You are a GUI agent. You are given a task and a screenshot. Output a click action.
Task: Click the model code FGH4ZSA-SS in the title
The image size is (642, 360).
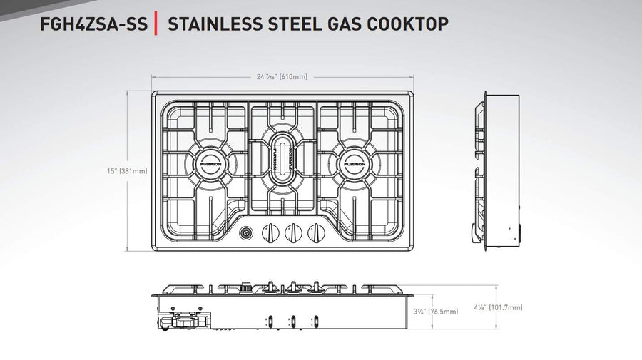pyautogui.click(x=93, y=24)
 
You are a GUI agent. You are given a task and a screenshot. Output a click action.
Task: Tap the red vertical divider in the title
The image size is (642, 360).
pyautogui.click(x=156, y=24)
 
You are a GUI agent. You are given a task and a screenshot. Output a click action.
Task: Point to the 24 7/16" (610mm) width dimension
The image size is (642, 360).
pyautogui.click(x=282, y=76)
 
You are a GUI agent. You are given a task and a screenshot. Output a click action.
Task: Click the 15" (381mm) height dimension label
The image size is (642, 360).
pyautogui.click(x=127, y=171)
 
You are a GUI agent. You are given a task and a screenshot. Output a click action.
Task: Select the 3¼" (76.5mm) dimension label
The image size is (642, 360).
pyautogui.click(x=436, y=312)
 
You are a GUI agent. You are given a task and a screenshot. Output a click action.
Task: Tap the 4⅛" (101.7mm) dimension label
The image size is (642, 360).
pyautogui.click(x=499, y=307)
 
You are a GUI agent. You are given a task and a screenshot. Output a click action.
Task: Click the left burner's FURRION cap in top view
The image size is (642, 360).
pyautogui.click(x=211, y=164)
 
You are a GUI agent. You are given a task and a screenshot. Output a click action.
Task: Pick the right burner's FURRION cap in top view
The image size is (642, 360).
pyautogui.click(x=355, y=164)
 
